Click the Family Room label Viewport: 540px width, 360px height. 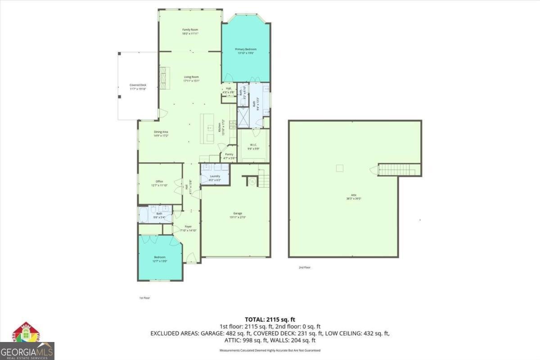190,31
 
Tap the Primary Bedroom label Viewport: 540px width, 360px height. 246,51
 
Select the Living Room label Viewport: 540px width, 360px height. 191,79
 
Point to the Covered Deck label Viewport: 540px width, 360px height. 138,87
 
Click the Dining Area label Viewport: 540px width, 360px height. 161,134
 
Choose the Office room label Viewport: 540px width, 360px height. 159,183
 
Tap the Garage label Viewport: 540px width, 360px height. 238,215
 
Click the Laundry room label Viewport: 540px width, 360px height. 215,178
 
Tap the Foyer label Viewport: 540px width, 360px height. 188,228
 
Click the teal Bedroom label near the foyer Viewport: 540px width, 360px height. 159,259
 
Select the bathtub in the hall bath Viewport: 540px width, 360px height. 144,215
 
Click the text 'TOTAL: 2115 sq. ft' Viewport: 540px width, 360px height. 270,319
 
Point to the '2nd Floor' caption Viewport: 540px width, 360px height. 305,267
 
